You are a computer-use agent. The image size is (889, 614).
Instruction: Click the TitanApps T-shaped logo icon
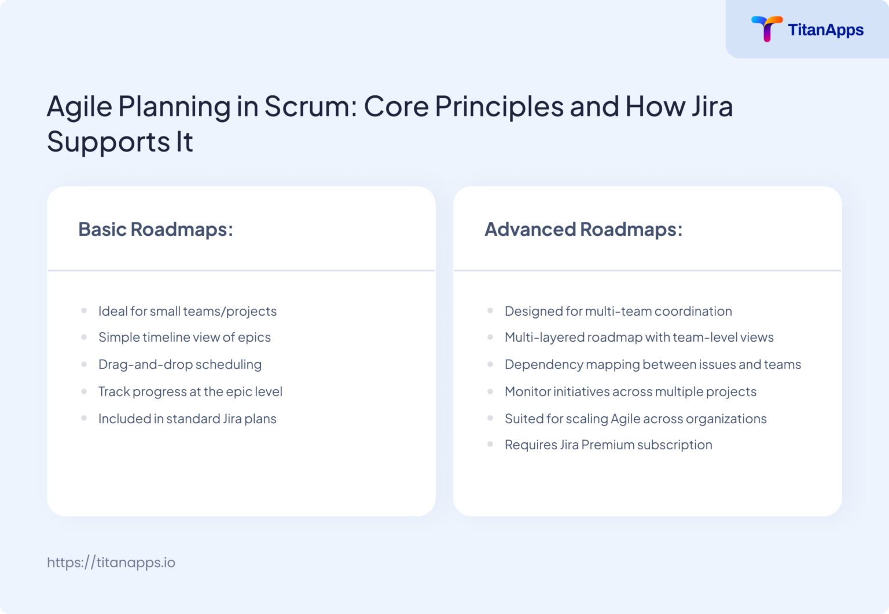pyautogui.click(x=766, y=29)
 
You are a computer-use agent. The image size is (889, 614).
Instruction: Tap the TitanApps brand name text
pyautogui.click(x=825, y=30)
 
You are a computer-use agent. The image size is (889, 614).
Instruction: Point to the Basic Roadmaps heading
pyautogui.click(x=156, y=230)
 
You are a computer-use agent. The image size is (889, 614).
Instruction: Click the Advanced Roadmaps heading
pyautogui.click(x=583, y=230)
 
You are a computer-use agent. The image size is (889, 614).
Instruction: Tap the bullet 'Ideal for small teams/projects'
pyautogui.click(x=188, y=311)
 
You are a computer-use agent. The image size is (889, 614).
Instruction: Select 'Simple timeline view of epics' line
pyautogui.click(x=185, y=337)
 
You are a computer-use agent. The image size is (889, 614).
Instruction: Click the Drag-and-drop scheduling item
pyautogui.click(x=180, y=364)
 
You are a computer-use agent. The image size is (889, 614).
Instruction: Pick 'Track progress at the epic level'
pyautogui.click(x=190, y=391)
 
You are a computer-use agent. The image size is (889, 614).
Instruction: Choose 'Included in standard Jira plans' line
pyautogui.click(x=188, y=419)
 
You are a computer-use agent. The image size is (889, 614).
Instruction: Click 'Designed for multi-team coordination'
pyautogui.click(x=618, y=311)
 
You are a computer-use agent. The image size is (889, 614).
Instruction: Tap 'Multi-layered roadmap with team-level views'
pyautogui.click(x=639, y=337)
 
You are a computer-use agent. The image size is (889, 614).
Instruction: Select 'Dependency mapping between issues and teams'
pyautogui.click(x=653, y=364)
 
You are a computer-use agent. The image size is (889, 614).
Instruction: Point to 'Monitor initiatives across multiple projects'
pyautogui.click(x=630, y=391)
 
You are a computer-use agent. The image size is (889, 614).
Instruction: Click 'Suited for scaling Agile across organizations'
pyautogui.click(x=635, y=419)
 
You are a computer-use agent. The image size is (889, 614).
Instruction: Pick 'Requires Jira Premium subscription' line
pyautogui.click(x=608, y=445)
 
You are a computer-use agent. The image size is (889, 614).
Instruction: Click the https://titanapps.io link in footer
pyautogui.click(x=111, y=563)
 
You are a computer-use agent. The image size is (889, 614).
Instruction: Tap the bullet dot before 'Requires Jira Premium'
pyautogui.click(x=490, y=445)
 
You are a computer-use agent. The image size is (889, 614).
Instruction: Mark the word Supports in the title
pyautogui.click(x=108, y=142)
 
